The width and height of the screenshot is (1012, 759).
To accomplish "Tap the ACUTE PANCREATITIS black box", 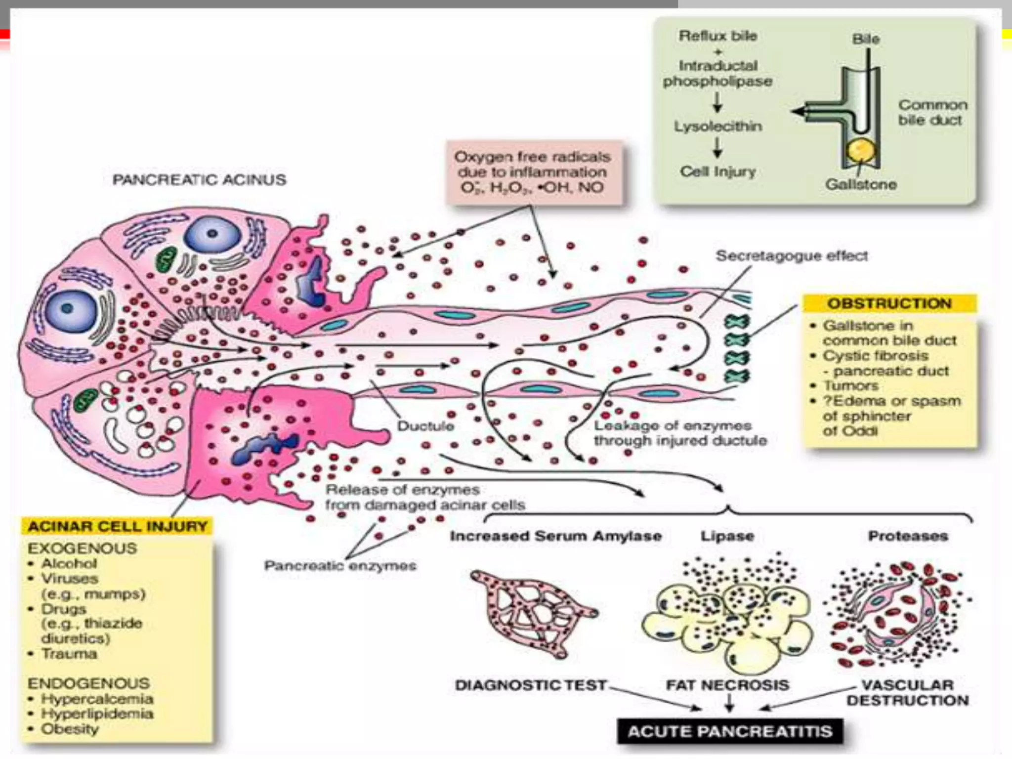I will [730, 731].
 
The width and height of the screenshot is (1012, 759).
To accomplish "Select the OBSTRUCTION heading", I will [889, 303].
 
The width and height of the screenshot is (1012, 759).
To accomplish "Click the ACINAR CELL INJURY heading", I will [118, 526].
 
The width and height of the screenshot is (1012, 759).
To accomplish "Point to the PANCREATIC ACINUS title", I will [199, 179].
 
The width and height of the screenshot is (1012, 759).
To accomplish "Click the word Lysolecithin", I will [718, 126].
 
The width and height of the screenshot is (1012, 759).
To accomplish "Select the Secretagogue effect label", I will [792, 256].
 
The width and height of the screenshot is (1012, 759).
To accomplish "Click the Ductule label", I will [425, 426].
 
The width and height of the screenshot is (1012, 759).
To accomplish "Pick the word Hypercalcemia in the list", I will [97, 699].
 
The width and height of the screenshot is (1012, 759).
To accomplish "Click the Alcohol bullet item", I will [69, 563].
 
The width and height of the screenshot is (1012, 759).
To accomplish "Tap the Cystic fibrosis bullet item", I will [875, 356].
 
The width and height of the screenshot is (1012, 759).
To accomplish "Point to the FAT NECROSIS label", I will [727, 685].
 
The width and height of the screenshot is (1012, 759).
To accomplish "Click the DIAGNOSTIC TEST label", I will [530, 685].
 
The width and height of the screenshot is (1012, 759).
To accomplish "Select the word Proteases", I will [908, 536].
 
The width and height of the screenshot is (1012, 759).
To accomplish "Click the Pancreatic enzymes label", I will [340, 565].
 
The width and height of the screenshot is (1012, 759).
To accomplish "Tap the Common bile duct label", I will [932, 112].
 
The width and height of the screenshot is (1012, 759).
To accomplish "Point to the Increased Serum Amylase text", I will [555, 536].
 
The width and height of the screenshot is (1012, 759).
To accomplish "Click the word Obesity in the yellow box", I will [70, 729].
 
